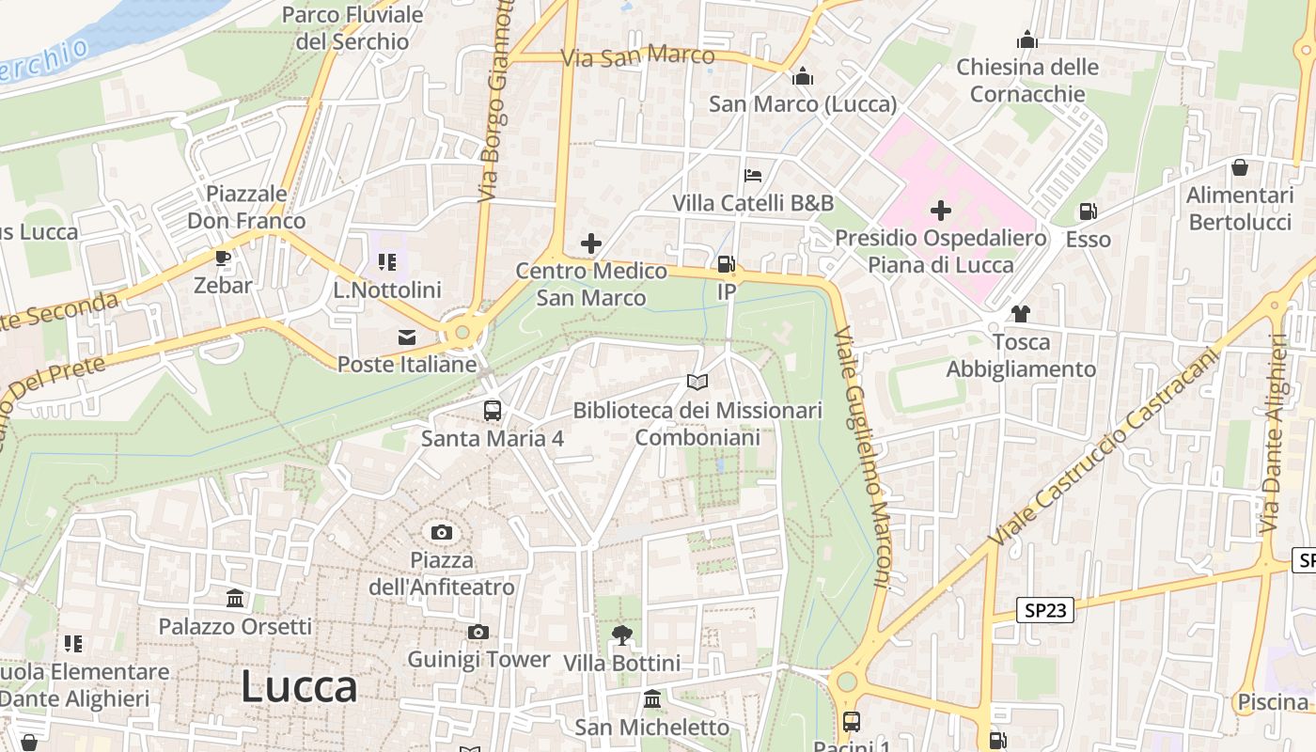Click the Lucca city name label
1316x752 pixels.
299,687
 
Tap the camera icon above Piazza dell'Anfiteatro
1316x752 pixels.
442,533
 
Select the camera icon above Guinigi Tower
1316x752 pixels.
478,632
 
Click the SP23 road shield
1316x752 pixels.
1045,611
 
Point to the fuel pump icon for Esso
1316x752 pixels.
1088,211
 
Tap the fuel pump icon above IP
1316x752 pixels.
726,264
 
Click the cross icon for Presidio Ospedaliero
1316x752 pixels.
940,211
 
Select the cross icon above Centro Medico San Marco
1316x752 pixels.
590,244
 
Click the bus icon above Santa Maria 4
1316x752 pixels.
493,410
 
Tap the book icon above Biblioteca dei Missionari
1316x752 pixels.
697,382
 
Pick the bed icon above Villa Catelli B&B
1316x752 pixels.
753,175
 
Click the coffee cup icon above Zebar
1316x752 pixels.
223,258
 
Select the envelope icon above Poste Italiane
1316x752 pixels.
407,337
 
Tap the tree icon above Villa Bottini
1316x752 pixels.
621,635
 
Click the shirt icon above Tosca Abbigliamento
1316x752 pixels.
1021,314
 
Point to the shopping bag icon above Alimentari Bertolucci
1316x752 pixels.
1240,167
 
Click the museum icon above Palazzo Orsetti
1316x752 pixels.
235,598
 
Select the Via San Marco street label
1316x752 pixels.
638,56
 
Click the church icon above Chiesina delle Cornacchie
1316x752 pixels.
1027,39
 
